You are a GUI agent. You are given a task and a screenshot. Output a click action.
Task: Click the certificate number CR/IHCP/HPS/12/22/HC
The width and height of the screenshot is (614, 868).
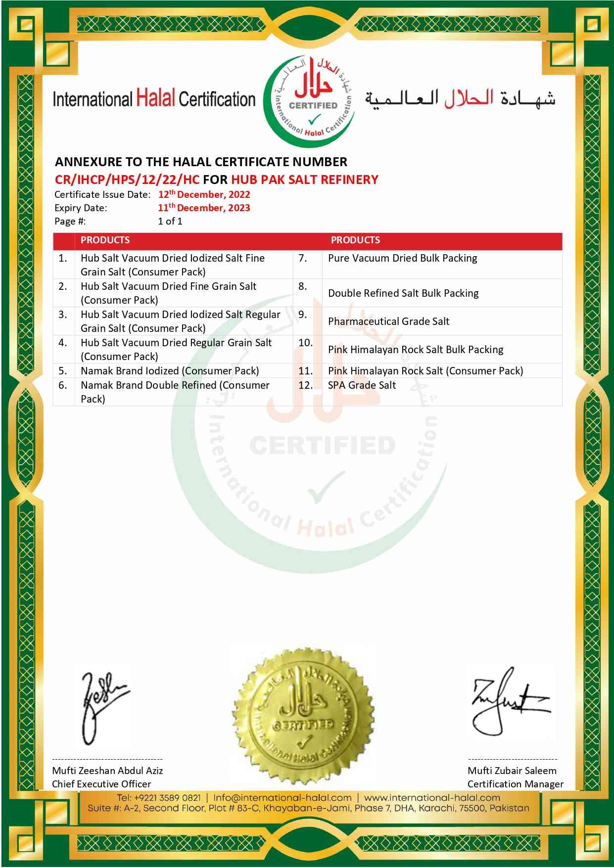127,180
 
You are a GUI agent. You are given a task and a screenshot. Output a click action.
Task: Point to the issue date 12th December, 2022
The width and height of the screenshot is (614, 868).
204,194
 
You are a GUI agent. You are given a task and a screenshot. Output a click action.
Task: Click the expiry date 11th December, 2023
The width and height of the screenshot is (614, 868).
204,208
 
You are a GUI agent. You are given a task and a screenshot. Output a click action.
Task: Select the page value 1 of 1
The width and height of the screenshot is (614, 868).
170,221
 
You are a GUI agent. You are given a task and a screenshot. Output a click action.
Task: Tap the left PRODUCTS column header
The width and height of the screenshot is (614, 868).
105,240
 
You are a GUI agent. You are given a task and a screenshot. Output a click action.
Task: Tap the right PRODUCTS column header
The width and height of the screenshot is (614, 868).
355,240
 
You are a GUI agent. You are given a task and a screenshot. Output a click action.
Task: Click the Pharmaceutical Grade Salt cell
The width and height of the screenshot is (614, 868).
388,321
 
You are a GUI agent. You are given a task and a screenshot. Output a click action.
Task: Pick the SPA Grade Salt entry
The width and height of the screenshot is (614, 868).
362,385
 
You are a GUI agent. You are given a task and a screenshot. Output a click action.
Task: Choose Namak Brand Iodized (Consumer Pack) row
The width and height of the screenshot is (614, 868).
170,371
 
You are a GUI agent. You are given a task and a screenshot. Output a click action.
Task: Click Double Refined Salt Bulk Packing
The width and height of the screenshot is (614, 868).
403,293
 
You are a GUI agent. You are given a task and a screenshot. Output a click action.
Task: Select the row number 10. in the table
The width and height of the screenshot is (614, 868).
305,343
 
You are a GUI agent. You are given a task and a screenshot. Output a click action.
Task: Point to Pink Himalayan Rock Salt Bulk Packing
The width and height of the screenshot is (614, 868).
416,350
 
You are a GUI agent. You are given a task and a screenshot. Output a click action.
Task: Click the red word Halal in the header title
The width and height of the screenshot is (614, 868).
155,99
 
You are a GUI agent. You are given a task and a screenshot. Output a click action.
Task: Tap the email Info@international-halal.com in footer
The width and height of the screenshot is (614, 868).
283,798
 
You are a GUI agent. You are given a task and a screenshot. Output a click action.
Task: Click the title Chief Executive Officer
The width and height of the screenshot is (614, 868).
101,784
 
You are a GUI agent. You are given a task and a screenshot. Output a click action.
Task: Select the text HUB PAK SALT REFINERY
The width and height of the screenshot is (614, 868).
304,180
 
